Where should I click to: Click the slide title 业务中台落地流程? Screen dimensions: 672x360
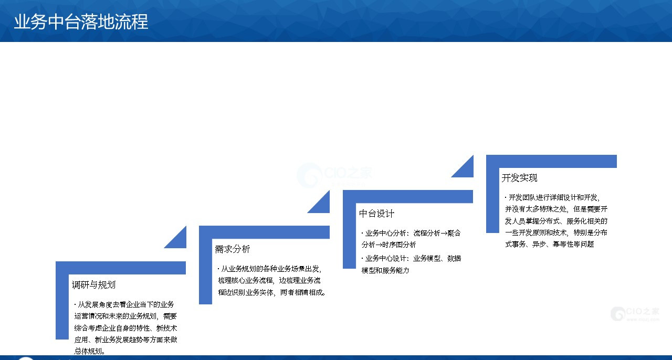(x=81, y=22)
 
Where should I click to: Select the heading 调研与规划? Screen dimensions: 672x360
(x=93, y=285)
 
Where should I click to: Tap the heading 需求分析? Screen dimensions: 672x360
(x=232, y=249)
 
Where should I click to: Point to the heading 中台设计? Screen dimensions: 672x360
(x=376, y=214)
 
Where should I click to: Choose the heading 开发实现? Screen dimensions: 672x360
(x=519, y=178)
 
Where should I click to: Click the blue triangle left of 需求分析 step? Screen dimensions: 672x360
(x=179, y=240)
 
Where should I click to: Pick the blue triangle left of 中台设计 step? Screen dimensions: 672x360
(x=322, y=205)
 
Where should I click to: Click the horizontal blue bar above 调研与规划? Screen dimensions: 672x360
(x=121, y=268)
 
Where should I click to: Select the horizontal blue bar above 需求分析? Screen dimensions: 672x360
(x=264, y=232)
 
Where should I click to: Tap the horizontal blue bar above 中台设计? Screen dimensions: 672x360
(x=408, y=196)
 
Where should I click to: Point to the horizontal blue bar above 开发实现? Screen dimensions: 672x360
(x=551, y=162)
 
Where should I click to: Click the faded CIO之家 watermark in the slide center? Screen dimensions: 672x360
(x=334, y=175)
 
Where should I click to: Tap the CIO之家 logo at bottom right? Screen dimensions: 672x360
(x=635, y=314)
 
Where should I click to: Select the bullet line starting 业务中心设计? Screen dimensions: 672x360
(x=411, y=258)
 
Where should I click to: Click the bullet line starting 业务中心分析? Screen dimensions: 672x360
(x=411, y=233)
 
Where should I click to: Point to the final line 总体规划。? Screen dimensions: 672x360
(x=89, y=351)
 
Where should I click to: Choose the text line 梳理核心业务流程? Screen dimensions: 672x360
(x=269, y=280)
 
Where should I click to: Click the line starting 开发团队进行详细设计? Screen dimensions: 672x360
(x=552, y=197)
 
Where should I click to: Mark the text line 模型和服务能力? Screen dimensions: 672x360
(x=385, y=270)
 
